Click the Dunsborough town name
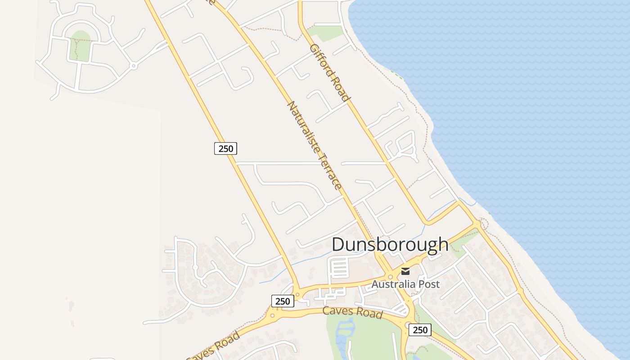point(390,244)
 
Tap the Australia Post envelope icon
point(405,271)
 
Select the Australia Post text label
point(405,284)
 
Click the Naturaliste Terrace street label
point(314,145)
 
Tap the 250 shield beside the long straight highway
point(225,148)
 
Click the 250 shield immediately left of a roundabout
point(283,301)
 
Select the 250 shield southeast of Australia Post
point(420,330)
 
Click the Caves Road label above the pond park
point(352,311)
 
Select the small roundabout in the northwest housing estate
point(133,66)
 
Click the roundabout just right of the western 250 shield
point(297,297)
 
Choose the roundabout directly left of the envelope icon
point(390,277)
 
